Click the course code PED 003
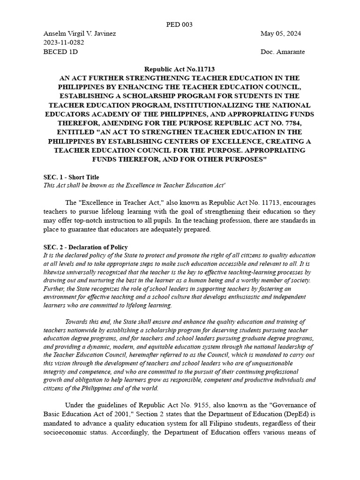(x=180, y=25)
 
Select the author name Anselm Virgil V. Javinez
(x=80, y=34)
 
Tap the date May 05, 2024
(x=280, y=34)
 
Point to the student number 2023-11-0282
(x=64, y=43)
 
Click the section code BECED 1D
(x=60, y=52)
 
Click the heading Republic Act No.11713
(x=180, y=69)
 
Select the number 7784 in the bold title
(x=293, y=123)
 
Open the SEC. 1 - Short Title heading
(x=71, y=177)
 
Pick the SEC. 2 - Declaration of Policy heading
(x=85, y=247)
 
